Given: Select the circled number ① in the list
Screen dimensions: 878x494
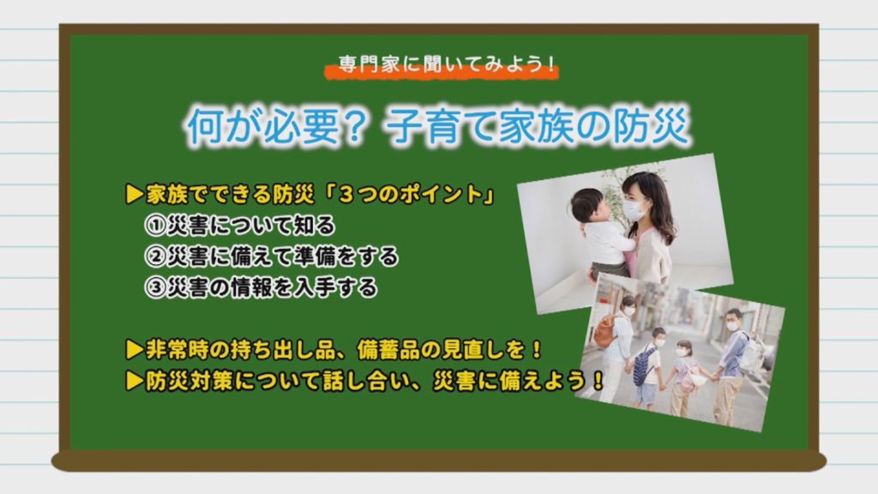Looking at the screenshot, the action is (x=154, y=226).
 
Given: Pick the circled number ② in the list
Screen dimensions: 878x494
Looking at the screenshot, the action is (x=154, y=257).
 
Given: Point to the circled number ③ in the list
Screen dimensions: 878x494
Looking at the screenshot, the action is (x=154, y=288).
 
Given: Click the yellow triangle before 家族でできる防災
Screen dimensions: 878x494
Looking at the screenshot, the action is (x=135, y=195).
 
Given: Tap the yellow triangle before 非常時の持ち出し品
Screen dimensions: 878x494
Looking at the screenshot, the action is (x=135, y=350).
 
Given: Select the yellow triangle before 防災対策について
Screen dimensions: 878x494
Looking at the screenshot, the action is (x=135, y=382).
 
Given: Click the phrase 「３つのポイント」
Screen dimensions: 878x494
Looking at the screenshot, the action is (x=410, y=195).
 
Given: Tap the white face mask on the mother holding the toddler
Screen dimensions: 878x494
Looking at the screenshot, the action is (x=634, y=210).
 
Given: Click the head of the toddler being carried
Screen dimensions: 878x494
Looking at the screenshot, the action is (x=586, y=206).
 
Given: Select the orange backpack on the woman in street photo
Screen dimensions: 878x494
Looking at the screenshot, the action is (x=604, y=330).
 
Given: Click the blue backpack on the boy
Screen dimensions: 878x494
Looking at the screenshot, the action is (x=644, y=364).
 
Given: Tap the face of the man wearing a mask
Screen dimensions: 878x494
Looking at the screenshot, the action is (x=733, y=322).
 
